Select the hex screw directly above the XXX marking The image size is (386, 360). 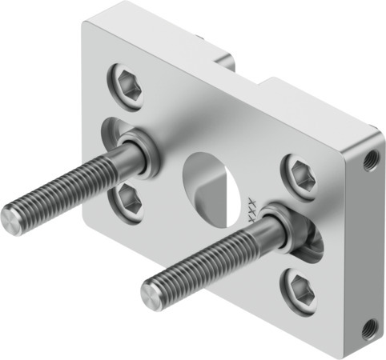[x=297, y=170]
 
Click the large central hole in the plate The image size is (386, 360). [x=211, y=181]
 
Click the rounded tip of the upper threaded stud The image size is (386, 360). [x=9, y=214]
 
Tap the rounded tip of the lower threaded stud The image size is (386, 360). [x=150, y=295]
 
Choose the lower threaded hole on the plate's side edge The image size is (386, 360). [x=368, y=327]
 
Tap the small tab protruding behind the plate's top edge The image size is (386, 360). [x=223, y=58]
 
